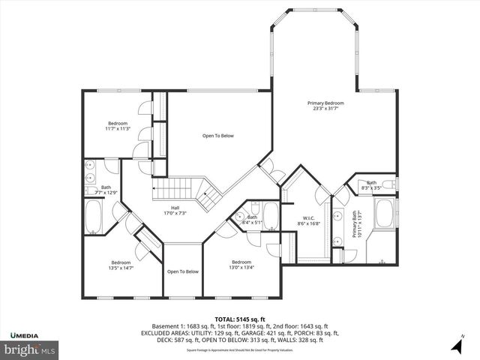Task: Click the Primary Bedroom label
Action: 325,106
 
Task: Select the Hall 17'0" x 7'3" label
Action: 174,211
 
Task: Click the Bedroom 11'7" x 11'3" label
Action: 118,126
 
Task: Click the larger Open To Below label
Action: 218,136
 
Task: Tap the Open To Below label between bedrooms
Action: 182,271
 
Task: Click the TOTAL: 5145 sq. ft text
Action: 239,319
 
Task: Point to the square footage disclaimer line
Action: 239,349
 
